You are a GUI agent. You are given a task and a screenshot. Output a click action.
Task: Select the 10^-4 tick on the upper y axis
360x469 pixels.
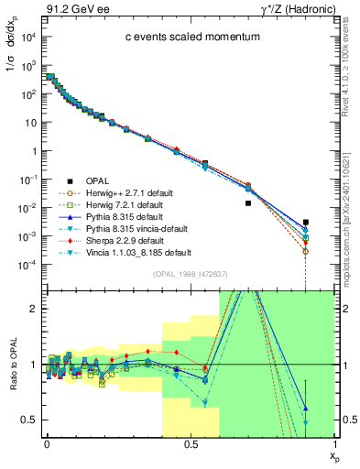tap(27, 265)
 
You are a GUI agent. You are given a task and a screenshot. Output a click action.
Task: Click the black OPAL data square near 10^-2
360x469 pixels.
tap(248, 203)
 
